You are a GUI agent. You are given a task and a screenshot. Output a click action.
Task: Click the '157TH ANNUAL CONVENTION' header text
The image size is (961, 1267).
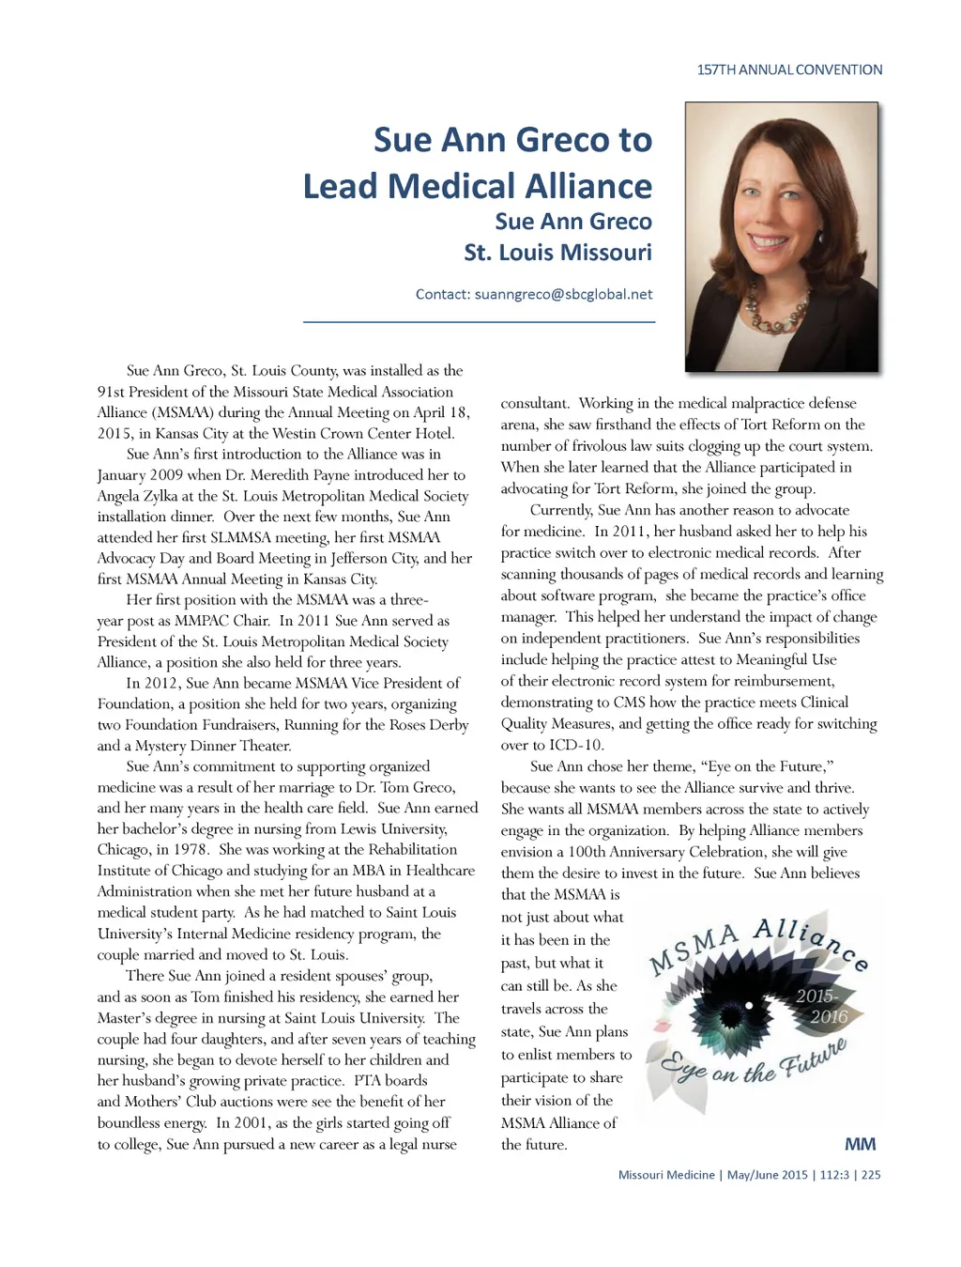point(789,70)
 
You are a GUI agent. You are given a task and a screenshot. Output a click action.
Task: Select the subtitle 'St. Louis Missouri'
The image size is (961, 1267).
point(557,253)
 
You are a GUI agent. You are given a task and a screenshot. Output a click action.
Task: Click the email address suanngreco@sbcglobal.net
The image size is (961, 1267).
point(563,294)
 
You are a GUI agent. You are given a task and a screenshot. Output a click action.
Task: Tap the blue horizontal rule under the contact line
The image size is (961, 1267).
point(479,322)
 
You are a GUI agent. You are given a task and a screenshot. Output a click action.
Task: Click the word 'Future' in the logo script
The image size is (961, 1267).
point(813,1059)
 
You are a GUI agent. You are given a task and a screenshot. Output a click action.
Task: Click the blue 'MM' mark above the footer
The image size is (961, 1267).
point(860,1144)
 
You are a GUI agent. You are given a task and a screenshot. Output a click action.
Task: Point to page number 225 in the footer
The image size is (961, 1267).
point(871,1175)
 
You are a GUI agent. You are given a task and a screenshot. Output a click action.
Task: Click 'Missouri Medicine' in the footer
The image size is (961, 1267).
point(666,1175)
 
